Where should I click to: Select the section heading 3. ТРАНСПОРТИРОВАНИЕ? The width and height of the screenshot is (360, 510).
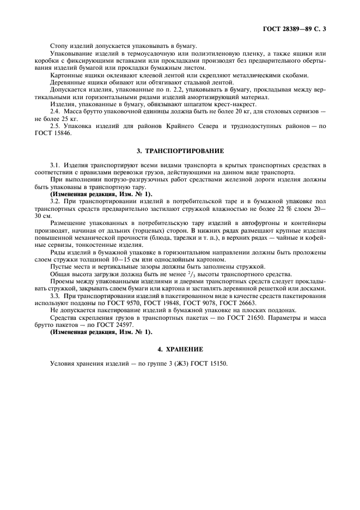pos(180,150)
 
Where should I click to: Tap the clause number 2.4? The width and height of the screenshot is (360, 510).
pos(55,111)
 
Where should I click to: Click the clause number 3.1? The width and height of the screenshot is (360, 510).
pos(55,164)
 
